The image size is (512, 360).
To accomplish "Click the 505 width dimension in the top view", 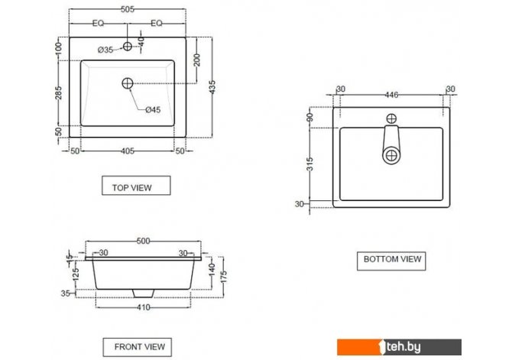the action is [x=128, y=9].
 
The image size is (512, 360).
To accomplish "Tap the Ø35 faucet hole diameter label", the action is [x=105, y=50].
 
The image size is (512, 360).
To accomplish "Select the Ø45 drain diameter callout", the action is [x=153, y=110].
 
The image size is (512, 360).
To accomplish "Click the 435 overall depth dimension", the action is [x=212, y=87].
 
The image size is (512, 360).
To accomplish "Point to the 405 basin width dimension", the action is [x=128, y=151].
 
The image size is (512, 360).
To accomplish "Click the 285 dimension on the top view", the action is [x=58, y=92].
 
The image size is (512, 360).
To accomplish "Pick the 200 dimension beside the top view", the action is [x=197, y=60].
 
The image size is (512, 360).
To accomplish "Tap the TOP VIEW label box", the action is [x=136, y=186].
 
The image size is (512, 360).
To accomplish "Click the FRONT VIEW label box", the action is [x=137, y=347].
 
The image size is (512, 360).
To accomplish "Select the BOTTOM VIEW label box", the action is [x=391, y=261].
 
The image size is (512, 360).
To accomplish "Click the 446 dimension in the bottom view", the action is [x=391, y=95].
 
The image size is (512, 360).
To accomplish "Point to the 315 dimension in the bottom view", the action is [x=310, y=164].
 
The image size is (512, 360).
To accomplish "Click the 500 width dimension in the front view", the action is [x=143, y=241].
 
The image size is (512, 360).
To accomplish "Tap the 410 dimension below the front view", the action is [x=143, y=307].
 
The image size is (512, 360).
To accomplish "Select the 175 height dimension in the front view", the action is [x=223, y=277].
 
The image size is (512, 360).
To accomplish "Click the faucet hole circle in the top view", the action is [x=128, y=46].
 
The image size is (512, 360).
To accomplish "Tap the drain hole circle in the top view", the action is [x=128, y=83].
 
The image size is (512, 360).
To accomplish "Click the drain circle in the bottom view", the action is [x=391, y=156].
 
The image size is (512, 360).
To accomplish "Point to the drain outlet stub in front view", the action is [x=143, y=294].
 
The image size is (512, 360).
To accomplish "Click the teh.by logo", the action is [x=400, y=347].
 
